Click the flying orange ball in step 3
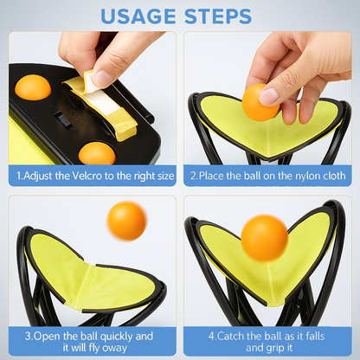click(126, 221)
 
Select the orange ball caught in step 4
click(263, 236)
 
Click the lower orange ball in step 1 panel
click(96, 153)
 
